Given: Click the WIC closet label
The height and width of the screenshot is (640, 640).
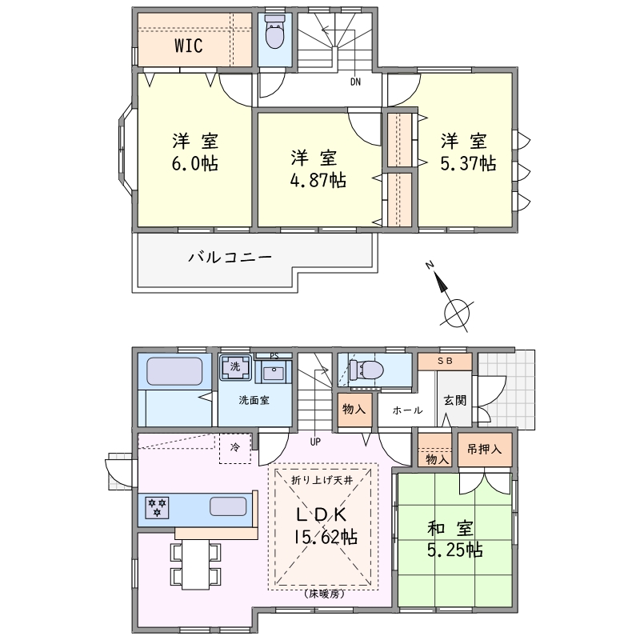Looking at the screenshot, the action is [x=189, y=46].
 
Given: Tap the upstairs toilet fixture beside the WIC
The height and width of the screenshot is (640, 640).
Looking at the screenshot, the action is [x=274, y=32].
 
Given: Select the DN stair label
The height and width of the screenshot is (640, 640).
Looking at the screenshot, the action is [x=355, y=82].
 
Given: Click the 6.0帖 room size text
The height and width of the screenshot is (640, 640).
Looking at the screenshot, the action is [x=194, y=163].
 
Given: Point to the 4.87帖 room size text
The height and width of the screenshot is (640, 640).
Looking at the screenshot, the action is [x=318, y=179].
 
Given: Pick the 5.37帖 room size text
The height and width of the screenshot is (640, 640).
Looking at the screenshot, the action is [x=468, y=163].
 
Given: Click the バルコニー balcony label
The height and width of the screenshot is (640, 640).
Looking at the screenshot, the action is [x=230, y=258].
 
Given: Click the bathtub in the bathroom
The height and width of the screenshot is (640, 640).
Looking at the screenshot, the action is [x=174, y=371].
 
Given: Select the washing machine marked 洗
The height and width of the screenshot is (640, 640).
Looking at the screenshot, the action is [x=235, y=366].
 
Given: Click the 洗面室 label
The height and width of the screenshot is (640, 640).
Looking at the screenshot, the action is [x=254, y=401].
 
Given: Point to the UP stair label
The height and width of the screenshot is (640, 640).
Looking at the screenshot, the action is [x=315, y=442].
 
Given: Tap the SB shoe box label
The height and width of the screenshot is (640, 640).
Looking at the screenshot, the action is [x=446, y=362].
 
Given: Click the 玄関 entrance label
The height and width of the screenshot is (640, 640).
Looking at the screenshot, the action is [x=454, y=401].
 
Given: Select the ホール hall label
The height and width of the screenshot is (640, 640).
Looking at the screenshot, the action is [x=407, y=410].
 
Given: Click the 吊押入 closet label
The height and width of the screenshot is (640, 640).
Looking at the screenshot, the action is [x=484, y=450].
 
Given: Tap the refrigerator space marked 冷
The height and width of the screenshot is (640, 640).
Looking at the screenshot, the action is [x=235, y=447].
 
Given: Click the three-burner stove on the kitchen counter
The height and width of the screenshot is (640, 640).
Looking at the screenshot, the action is [x=157, y=507].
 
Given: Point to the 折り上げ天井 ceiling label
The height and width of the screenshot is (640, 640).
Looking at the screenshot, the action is [x=322, y=481].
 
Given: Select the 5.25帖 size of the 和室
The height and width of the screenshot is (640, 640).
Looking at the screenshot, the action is [x=455, y=550].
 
